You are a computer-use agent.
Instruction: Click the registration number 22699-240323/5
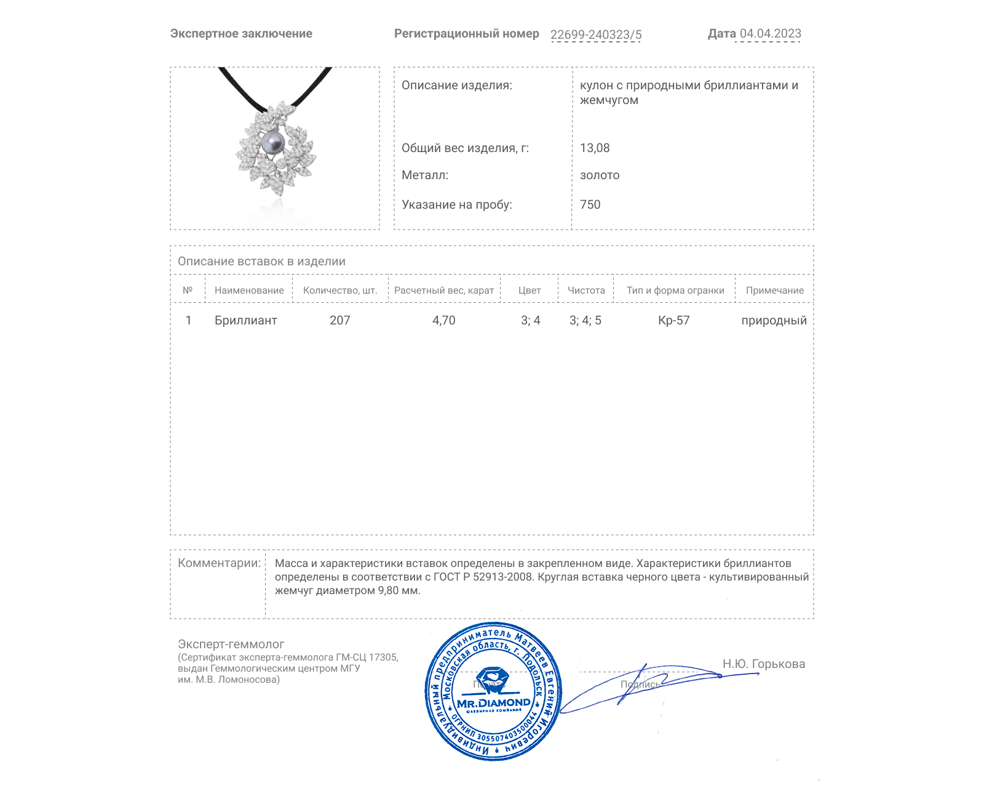[595, 34]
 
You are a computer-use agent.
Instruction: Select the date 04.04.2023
[770, 34]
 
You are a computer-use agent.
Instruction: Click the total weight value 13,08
[595, 148]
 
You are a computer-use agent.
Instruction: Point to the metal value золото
[600, 175]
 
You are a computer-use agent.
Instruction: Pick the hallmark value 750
[590, 204]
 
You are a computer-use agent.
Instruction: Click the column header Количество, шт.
[339, 291]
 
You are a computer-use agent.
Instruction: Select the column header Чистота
[586, 291]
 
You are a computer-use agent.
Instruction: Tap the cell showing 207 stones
[339, 320]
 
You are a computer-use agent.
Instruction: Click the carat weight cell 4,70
[443, 320]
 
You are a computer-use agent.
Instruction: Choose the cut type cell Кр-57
[673, 320]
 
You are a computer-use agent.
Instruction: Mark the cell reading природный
[774, 320]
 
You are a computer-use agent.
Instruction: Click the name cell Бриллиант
[245, 320]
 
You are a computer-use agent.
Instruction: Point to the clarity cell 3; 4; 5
[585, 320]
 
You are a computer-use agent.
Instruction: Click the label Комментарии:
[219, 563]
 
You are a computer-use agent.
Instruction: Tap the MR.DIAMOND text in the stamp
[493, 703]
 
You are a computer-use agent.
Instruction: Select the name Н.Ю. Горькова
[763, 664]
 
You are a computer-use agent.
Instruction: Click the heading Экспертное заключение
[241, 34]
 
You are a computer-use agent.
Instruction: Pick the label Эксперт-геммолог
[231, 644]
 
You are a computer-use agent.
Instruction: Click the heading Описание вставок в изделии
[261, 261]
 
